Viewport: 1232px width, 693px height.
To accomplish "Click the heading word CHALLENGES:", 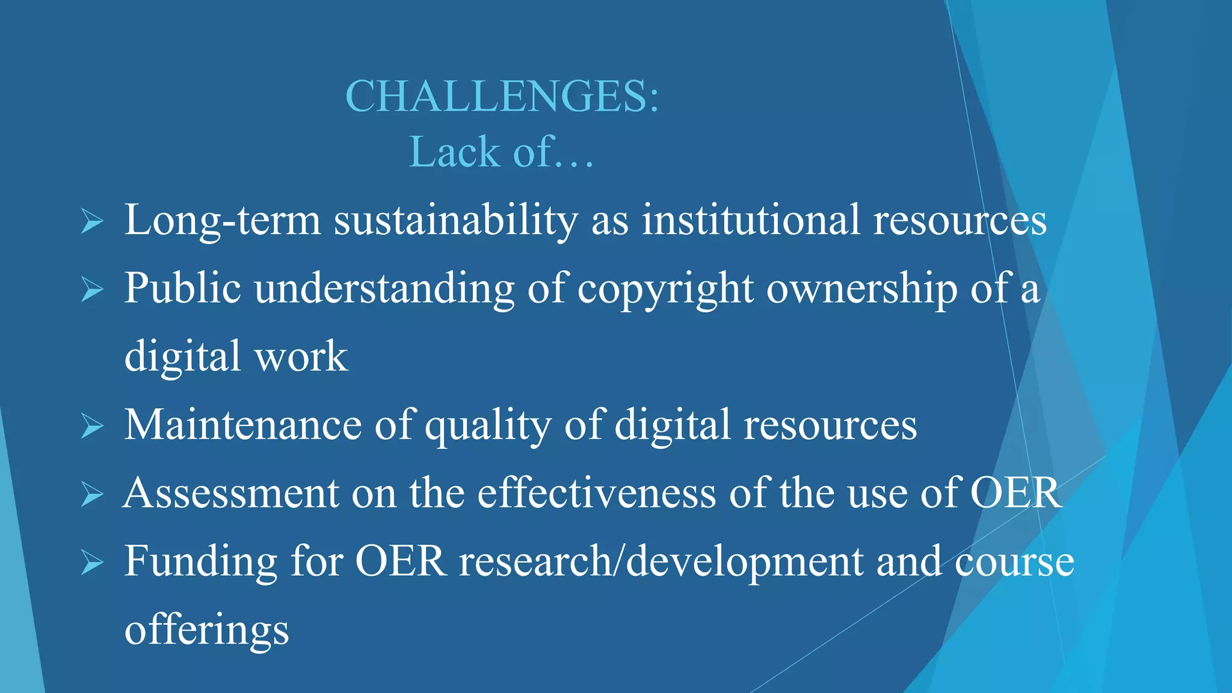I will (x=502, y=96).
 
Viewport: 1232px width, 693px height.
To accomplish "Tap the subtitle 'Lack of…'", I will (x=501, y=152).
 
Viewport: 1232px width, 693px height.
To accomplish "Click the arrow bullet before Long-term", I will (x=91, y=223).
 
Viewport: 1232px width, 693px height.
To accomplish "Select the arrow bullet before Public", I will (x=91, y=291).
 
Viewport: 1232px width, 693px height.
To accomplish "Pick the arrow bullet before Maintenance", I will (x=91, y=427).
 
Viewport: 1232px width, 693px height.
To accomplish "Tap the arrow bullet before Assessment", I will (x=91, y=495).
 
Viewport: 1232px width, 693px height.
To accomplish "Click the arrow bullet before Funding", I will (x=91, y=563).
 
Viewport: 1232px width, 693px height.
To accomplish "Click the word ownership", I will (x=861, y=289).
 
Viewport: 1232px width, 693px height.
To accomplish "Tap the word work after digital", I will (x=301, y=356).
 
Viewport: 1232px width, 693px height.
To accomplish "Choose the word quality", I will (x=488, y=426).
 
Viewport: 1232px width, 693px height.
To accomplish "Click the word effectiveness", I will (x=596, y=493).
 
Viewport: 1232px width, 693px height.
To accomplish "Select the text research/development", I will (x=661, y=562).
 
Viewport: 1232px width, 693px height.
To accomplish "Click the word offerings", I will (x=206, y=630).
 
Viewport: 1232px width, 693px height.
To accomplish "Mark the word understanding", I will (x=384, y=289).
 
